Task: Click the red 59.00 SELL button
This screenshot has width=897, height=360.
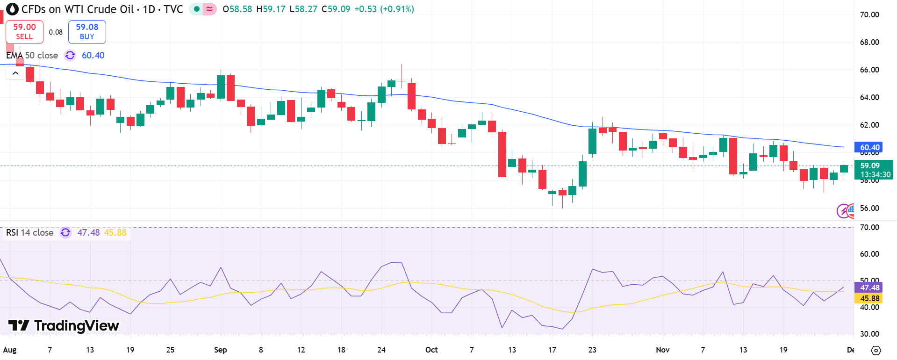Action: point(24,32)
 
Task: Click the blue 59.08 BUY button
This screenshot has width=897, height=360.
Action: point(87,32)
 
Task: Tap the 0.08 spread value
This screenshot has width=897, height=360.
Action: point(56,32)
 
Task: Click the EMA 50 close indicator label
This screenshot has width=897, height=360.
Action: point(32,55)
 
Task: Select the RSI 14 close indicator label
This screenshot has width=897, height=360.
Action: point(29,232)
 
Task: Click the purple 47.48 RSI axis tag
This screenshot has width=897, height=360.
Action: point(869,288)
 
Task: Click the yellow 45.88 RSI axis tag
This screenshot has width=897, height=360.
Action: point(869,298)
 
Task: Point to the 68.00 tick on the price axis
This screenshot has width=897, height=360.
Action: point(869,42)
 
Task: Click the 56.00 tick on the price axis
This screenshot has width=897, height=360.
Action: point(869,208)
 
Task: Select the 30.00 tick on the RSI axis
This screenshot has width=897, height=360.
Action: point(869,334)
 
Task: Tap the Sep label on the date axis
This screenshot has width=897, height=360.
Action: point(220,350)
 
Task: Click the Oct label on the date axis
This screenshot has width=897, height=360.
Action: point(431,350)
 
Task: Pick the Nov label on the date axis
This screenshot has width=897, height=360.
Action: point(662,350)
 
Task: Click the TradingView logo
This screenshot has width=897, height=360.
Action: point(64,325)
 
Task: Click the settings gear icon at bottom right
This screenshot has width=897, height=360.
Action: point(876,350)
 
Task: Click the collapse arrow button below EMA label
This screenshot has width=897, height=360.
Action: point(15,73)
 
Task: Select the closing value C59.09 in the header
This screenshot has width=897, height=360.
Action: point(336,9)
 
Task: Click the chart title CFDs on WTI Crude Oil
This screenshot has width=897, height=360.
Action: point(78,9)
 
